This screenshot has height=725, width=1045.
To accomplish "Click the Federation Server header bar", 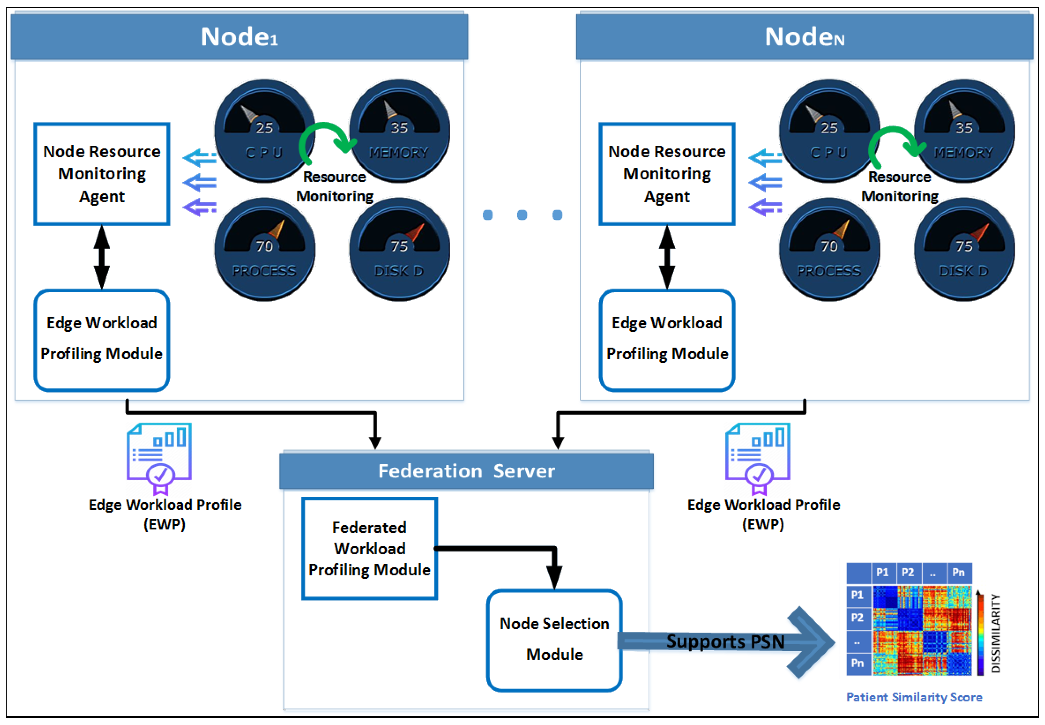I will pos(466,471).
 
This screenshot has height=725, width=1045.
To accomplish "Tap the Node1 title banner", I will pos(239,36).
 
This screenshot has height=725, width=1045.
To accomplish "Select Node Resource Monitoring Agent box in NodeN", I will pos(666,173).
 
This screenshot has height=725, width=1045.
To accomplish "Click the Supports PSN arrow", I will pos(726,641).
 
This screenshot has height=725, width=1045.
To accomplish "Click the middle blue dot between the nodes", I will pos(522,215).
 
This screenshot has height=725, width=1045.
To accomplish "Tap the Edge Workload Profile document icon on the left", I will pos(159,457).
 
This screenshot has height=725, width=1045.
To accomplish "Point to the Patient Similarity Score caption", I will pos(914,697).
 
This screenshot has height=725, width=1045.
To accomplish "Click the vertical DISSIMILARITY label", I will pos(995,633).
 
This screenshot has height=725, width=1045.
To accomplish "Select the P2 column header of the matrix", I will pos(908,572).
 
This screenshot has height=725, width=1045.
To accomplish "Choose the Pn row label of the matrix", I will pos(857,663).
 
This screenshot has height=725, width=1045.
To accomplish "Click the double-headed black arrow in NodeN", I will pos(666,257).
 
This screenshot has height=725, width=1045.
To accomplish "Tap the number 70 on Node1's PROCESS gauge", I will pos(264,246).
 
